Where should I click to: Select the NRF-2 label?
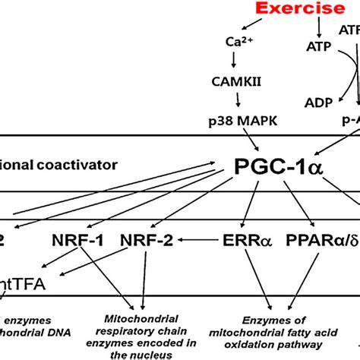tap(147, 239)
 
